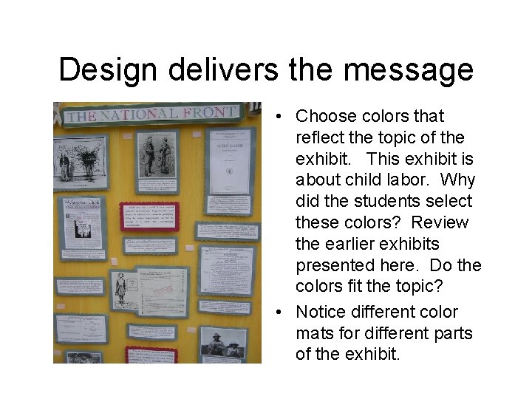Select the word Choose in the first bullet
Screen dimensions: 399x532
pos(325,116)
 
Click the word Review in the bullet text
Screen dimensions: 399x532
pos(440,222)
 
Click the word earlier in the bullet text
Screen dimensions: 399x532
pos(352,243)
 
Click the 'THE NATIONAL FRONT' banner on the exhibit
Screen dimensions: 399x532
pos(151,115)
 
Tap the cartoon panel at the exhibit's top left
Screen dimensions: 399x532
pos(79,158)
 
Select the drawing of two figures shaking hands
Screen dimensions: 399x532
pos(157,155)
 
